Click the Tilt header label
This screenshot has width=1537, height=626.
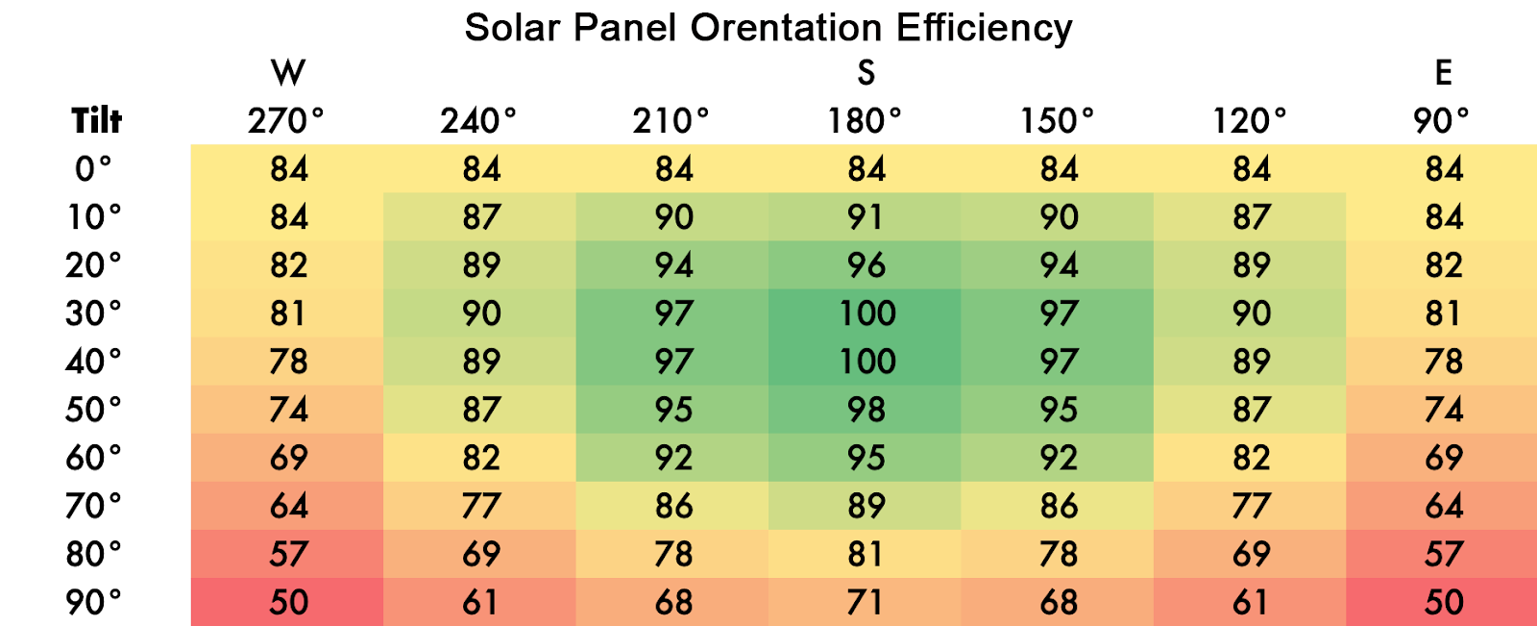pos(96,121)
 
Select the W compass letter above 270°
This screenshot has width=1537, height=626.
pos(288,73)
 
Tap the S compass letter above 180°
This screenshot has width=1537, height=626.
pos(866,73)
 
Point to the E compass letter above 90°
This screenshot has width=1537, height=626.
pos(1443,73)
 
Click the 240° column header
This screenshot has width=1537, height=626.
pos(478,121)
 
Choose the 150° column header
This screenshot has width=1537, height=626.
pos(1057,121)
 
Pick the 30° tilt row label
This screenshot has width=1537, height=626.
pos(93,313)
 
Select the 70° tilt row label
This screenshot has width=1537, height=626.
pos(93,506)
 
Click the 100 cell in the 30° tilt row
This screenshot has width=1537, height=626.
pos(867,313)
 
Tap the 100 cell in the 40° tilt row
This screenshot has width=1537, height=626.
pos(867,362)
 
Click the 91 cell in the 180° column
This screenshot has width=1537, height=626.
pos(866,217)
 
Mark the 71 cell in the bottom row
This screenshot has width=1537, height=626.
pos(866,603)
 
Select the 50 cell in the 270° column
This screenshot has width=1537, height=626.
pos(288,603)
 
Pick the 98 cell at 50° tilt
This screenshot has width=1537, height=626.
pos(866,410)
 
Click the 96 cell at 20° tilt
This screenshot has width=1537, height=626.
pos(866,265)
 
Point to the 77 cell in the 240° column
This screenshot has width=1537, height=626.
pos(480,506)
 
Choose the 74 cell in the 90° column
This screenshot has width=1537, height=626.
pos(1443,410)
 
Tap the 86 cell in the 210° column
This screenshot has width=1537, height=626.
pos(673,506)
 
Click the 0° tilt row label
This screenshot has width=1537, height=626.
pos(93,169)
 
